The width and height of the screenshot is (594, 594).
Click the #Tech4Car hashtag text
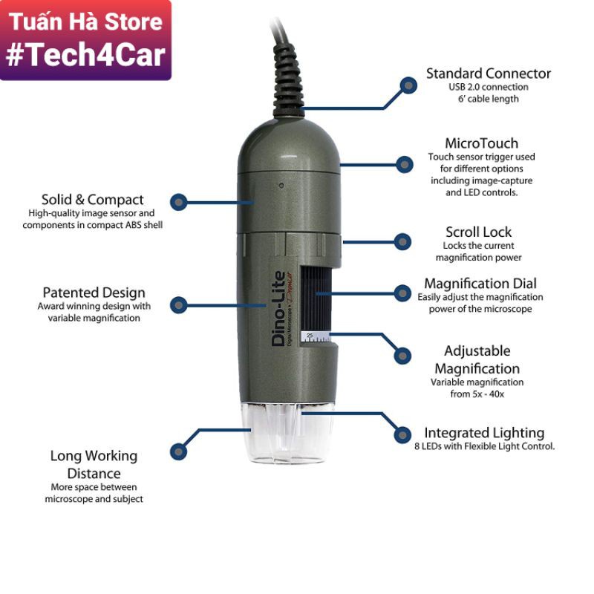click(85, 55)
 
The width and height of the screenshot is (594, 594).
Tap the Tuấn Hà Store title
click(85, 21)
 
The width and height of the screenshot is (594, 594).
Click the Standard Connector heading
click(488, 74)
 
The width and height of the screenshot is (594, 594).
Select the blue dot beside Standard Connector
click(408, 85)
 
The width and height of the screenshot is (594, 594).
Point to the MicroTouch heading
click(481, 143)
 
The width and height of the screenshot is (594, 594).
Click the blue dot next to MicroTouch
click(404, 164)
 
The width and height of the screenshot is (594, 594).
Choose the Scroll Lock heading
click(478, 232)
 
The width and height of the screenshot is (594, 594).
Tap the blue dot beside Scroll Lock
click(402, 241)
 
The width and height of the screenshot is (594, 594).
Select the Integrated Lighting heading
click(484, 432)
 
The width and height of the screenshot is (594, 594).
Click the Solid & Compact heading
click(93, 199)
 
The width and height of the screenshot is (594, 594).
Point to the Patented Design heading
click(94, 293)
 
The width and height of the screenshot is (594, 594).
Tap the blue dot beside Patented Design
click(178, 304)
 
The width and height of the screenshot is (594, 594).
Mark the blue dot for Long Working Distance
click(177, 450)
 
